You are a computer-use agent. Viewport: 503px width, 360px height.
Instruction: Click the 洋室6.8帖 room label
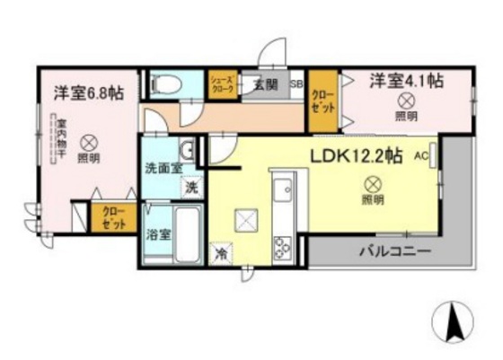tap(87, 92)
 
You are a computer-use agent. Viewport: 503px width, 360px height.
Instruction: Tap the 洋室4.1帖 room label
tap(406, 81)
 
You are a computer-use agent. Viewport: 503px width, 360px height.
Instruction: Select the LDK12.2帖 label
tap(356, 156)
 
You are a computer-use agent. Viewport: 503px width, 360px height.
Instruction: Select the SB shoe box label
tap(296, 84)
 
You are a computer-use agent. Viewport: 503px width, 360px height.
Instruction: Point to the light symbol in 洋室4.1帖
tap(406, 101)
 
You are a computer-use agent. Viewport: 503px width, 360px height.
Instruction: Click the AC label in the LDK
tap(420, 155)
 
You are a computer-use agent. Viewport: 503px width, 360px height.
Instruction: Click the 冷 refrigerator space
tap(221, 254)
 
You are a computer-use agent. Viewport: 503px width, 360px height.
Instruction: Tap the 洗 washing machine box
tap(191, 188)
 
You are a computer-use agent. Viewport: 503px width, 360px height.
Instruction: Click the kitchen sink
tap(284, 189)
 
